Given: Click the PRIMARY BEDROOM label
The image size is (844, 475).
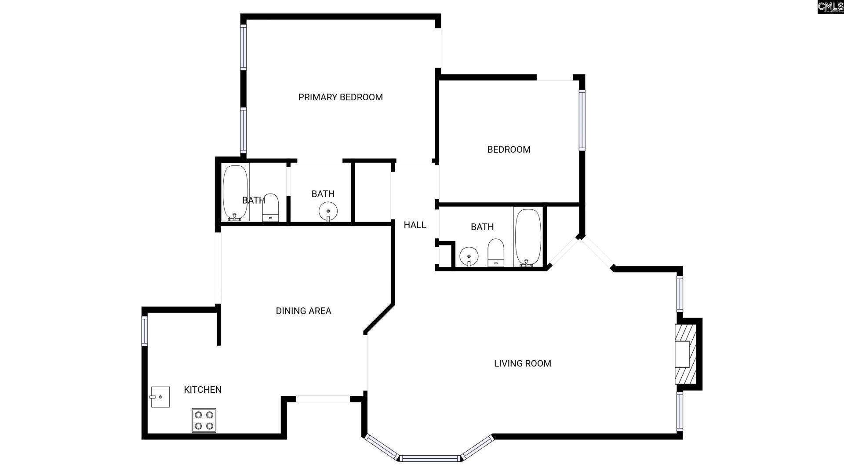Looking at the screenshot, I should (x=340, y=97).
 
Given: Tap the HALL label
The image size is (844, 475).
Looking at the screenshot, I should (x=415, y=225).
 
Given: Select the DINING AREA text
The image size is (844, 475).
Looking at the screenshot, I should (x=303, y=311).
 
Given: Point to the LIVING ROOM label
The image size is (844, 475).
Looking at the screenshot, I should (x=522, y=363).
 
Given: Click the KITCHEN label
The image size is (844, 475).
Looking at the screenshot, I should (x=203, y=390).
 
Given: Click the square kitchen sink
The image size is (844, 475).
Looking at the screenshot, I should (x=160, y=397).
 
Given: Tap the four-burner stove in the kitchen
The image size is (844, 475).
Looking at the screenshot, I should (x=204, y=420).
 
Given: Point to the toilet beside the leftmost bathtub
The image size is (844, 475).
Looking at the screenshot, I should (x=270, y=208).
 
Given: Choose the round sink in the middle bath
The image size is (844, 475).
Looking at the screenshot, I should (x=328, y=211).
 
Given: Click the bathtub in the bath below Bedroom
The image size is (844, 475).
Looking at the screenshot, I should (x=527, y=237).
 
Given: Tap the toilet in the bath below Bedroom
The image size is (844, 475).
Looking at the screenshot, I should (x=495, y=252).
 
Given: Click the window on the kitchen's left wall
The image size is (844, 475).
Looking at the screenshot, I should (x=144, y=330).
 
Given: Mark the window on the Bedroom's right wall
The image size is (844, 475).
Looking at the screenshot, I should (x=582, y=120).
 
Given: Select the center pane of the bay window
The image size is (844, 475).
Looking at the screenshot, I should (x=430, y=458).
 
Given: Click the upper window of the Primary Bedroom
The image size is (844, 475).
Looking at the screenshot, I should (x=243, y=47).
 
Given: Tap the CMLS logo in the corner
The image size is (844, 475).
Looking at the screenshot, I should (x=830, y=7).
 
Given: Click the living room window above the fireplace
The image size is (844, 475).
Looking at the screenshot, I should (x=680, y=293).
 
